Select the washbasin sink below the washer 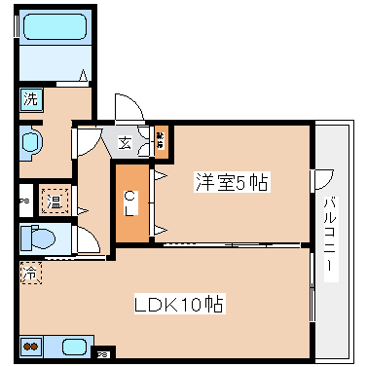point(28,142)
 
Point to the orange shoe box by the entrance point(161,140)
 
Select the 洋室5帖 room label point(232,181)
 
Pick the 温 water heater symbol point(55,202)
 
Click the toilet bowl point(40,238)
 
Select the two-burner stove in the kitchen point(30,346)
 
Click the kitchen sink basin point(73,346)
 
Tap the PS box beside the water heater point(24,202)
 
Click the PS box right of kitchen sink point(103,354)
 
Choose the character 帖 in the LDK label point(215,305)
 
